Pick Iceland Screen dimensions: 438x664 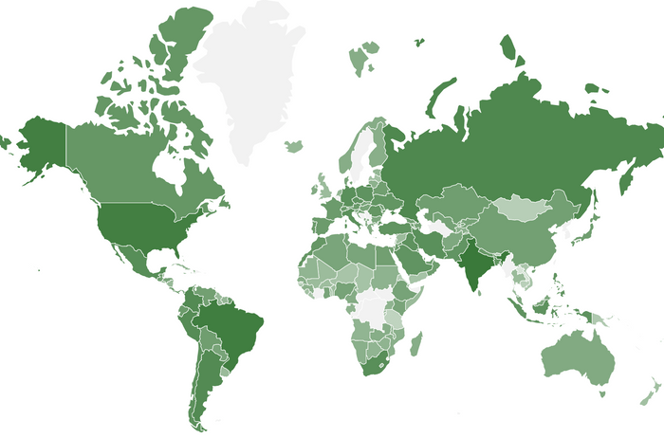[x=294, y=146]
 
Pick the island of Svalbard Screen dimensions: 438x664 [x=364, y=57]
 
